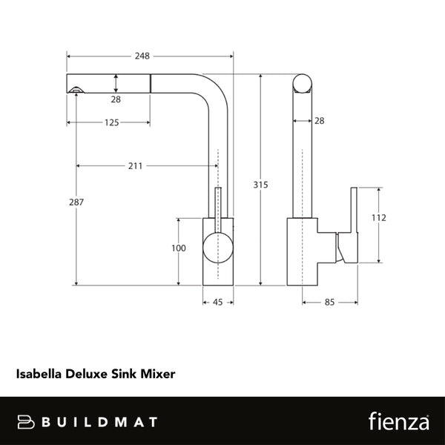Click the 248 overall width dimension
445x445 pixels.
(x=143, y=56)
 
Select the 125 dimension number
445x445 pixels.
(x=112, y=123)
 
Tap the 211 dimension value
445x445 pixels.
(x=136, y=165)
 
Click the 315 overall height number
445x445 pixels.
(x=260, y=185)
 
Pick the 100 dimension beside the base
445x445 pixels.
(x=178, y=248)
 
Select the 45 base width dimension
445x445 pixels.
(x=218, y=302)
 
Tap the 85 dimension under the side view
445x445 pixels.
(x=329, y=302)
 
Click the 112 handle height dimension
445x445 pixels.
(x=379, y=218)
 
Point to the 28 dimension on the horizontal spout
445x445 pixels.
(x=116, y=99)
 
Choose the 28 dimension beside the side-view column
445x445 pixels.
(x=318, y=120)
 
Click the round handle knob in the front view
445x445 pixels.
(x=217, y=245)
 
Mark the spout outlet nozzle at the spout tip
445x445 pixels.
(x=75, y=90)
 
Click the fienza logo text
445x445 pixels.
(x=398, y=421)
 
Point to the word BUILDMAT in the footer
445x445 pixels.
(x=99, y=421)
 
